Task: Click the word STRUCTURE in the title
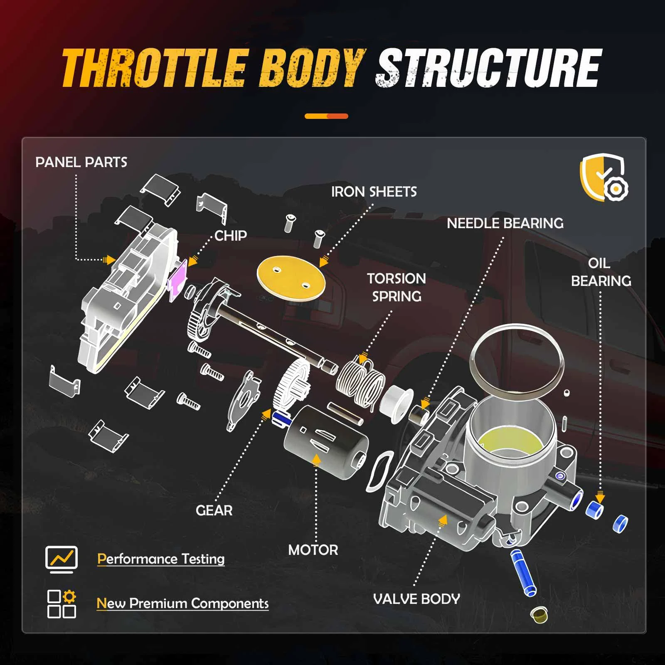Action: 488,69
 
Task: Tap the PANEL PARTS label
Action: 81,162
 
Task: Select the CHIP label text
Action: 231,236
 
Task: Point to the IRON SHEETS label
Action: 374,192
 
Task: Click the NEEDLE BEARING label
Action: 505,223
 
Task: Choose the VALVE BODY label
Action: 416,599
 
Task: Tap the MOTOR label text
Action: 313,550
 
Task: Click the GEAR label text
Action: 214,510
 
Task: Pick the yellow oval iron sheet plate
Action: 291,277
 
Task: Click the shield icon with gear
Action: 604,178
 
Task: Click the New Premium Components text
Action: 182,603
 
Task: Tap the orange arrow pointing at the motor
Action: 317,459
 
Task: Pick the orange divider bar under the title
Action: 326,116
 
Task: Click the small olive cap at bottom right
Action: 539,615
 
